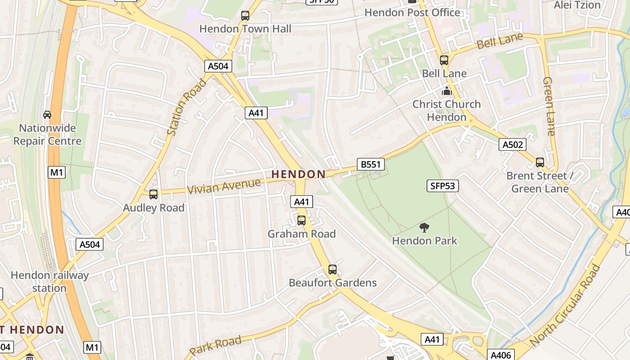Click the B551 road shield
(x=371, y=164)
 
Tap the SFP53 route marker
(x=442, y=186)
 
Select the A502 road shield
(x=513, y=144)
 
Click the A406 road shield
(x=500, y=355)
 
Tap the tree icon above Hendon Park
(x=424, y=227)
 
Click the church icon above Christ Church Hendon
(x=446, y=91)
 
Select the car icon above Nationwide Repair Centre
(x=47, y=115)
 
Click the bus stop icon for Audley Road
(x=153, y=194)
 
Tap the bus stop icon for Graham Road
(x=301, y=220)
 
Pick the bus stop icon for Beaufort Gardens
(x=333, y=270)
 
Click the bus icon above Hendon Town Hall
(x=245, y=16)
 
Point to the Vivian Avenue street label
(x=224, y=186)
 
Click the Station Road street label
(x=186, y=107)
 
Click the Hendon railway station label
(x=49, y=281)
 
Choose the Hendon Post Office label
(x=412, y=13)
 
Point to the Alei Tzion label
(x=577, y=5)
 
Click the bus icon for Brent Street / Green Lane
(x=540, y=162)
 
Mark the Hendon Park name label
(x=424, y=241)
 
